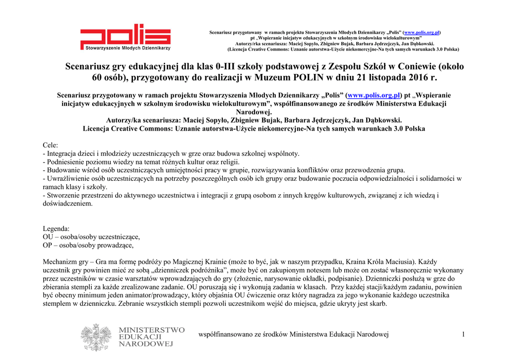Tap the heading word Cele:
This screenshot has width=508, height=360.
coord(51,145)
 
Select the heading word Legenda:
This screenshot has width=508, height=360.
coord(56,228)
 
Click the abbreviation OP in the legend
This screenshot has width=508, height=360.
coord(48,245)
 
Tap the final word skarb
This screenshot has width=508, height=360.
coord(378,304)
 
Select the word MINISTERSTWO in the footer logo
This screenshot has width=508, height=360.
coord(152,330)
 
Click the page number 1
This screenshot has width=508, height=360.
coord(463,335)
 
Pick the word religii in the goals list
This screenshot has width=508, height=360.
coord(229,162)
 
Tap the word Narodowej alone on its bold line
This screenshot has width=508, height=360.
coord(254,112)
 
